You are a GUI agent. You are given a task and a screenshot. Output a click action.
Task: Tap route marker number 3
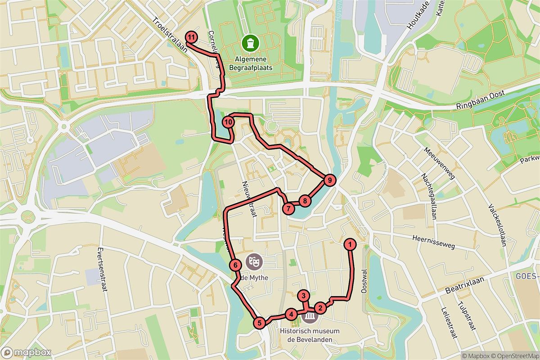pos(305,296)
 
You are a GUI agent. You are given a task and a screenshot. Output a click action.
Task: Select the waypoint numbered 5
pos(259,322)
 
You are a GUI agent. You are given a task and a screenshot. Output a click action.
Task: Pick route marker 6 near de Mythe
pos(235,265)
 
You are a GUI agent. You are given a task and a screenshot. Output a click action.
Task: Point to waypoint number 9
pos(330,180)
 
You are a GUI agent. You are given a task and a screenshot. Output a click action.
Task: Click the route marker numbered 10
pos(229,121)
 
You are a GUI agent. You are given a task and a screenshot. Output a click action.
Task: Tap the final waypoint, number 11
pos(192,37)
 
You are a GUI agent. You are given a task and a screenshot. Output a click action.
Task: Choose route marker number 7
pos(288,208)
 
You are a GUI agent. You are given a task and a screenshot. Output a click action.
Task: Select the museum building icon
pos(310,317)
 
